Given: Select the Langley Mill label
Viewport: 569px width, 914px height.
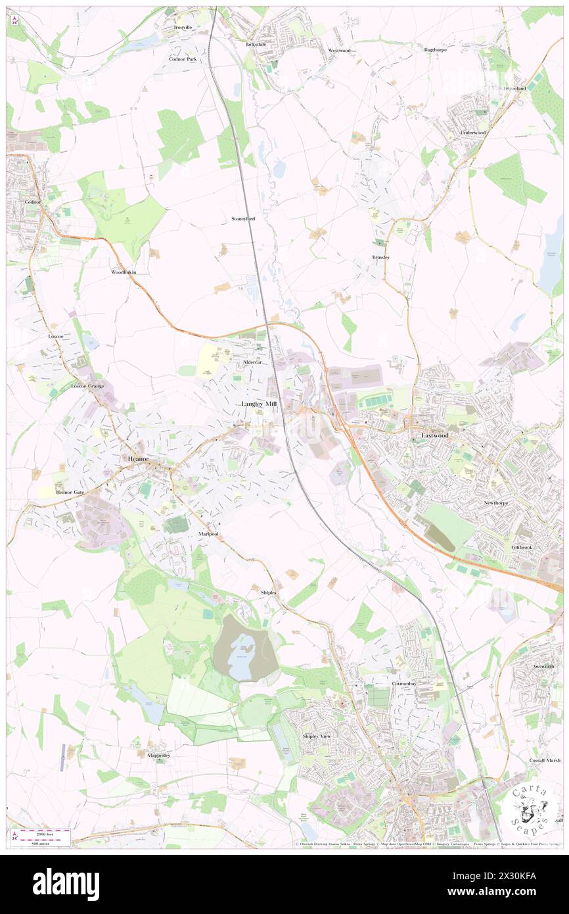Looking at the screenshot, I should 259,403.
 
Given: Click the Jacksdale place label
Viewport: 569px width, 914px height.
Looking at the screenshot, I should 257,44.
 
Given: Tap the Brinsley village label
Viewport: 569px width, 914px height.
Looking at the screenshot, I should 380,257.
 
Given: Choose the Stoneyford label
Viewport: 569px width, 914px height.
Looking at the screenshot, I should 242,218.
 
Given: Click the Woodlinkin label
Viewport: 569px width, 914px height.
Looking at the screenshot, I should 124,272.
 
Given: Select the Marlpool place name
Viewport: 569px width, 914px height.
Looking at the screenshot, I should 208,535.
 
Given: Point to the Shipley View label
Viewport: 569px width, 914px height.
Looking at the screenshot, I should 317,736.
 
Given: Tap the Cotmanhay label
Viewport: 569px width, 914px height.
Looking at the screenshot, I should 405,684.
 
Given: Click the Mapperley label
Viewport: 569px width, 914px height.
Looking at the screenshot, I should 158,756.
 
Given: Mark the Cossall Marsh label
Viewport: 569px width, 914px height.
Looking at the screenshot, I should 545,760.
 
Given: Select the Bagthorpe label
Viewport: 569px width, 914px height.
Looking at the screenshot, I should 435,50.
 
